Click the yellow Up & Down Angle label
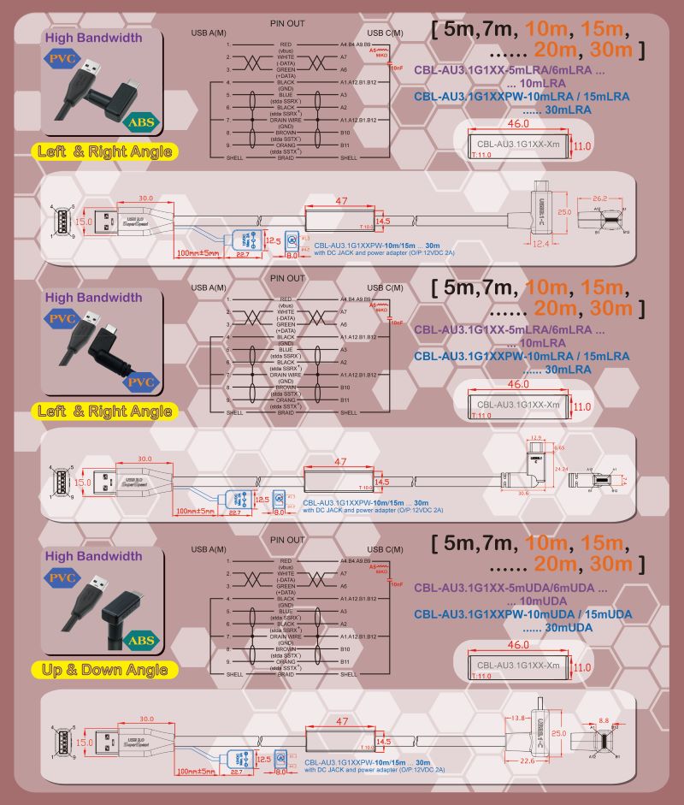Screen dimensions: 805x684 tap(104, 670)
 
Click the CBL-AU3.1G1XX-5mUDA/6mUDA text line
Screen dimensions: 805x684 tap(511, 589)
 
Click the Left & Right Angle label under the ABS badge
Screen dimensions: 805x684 tap(104, 152)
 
